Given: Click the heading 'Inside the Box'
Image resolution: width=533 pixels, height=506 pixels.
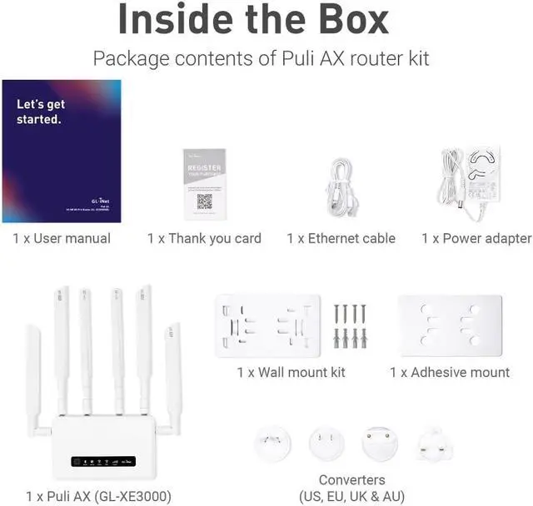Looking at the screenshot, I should pos(266,20).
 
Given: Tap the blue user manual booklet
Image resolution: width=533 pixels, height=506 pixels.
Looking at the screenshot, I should pos(62,151).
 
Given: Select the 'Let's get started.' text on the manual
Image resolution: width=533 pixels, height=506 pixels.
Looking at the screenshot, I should pos(41,112).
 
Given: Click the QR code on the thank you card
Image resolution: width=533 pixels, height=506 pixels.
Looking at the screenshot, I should pos(204,201).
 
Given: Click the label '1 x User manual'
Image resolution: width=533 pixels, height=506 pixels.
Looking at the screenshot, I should pos(62,239).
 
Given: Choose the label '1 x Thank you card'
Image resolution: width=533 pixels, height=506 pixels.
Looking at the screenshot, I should pos(204,239).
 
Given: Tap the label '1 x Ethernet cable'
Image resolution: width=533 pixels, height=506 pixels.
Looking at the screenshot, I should pos(341,239).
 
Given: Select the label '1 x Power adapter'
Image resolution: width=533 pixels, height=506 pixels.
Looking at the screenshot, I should pos(476,239).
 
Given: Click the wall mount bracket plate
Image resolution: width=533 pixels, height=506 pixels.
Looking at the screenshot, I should pos(267,325).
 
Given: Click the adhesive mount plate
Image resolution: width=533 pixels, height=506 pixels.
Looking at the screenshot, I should pos(451,325).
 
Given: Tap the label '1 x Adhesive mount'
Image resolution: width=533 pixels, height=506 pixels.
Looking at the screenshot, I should pos(450,372).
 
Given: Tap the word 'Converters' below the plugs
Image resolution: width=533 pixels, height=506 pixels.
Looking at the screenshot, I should pos(351,480).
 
